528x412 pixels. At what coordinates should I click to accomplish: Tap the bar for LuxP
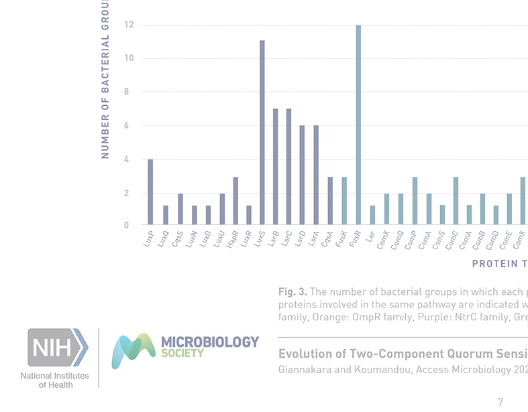pyautogui.click(x=150, y=192)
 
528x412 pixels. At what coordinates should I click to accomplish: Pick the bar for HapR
pyautogui.click(x=235, y=201)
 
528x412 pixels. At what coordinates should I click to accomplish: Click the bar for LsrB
pyautogui.click(x=276, y=167)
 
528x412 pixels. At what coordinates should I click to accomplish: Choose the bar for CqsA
pyautogui.click(x=330, y=201)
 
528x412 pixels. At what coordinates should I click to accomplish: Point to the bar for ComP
pyautogui.click(x=415, y=201)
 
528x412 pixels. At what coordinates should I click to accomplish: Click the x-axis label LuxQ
pyautogui.click(x=162, y=238)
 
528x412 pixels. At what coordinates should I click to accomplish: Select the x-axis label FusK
pyautogui.click(x=340, y=238)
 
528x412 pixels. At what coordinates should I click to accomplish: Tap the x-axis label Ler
pyautogui.click(x=370, y=236)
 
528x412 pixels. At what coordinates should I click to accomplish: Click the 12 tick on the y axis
pyautogui.click(x=129, y=25)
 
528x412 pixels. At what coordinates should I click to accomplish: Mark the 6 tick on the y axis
pyautogui.click(x=126, y=126)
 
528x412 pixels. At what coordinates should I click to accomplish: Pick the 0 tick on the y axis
pyautogui.click(x=126, y=226)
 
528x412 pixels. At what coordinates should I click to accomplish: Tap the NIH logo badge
pyautogui.click(x=57, y=347)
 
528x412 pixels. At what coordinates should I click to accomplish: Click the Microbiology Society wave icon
pyautogui.click(x=134, y=351)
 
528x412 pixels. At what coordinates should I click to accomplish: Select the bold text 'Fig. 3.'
pyautogui.click(x=293, y=292)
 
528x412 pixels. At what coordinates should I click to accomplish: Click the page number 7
pyautogui.click(x=500, y=402)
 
